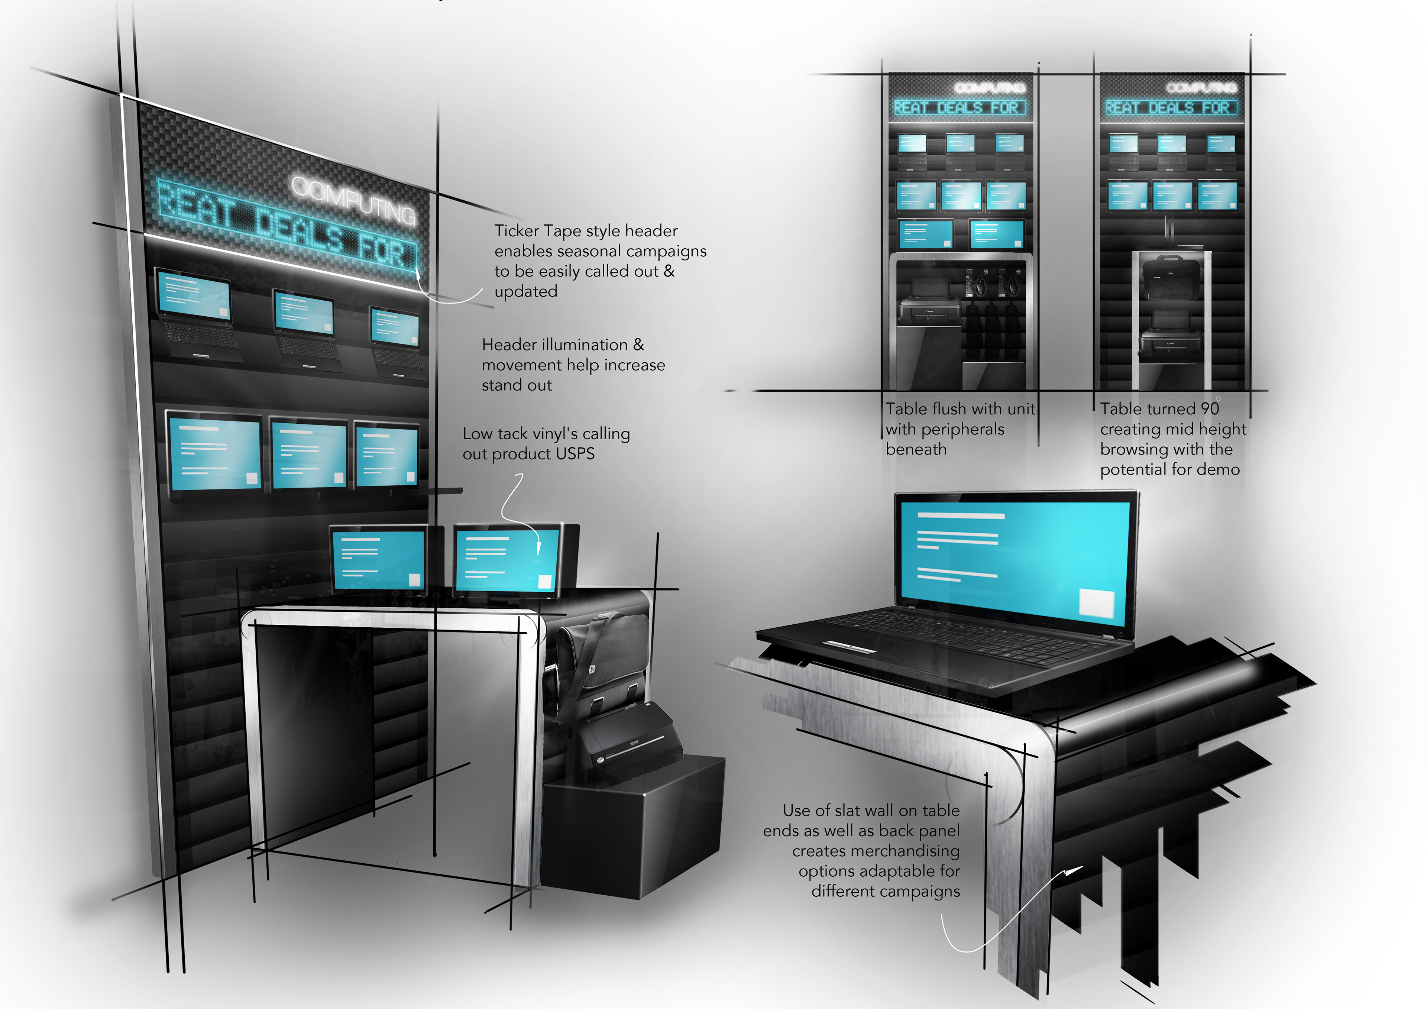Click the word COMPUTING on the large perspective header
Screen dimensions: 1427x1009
pos(353,199)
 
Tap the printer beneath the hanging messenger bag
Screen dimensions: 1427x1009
pos(628,740)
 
